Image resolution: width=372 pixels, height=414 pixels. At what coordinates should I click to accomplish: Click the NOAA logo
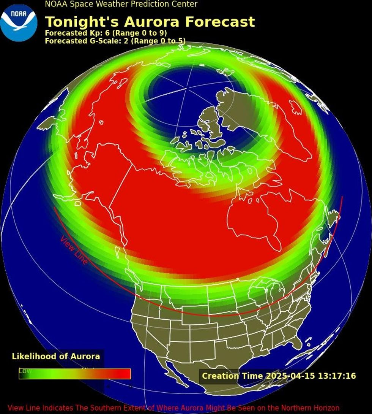click(x=19, y=22)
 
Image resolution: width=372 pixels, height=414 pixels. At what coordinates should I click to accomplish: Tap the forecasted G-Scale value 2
click(x=126, y=41)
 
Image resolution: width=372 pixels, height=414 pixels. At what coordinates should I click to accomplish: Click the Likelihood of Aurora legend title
click(x=56, y=356)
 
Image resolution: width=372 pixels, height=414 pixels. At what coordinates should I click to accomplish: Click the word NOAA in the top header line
click(x=56, y=4)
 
